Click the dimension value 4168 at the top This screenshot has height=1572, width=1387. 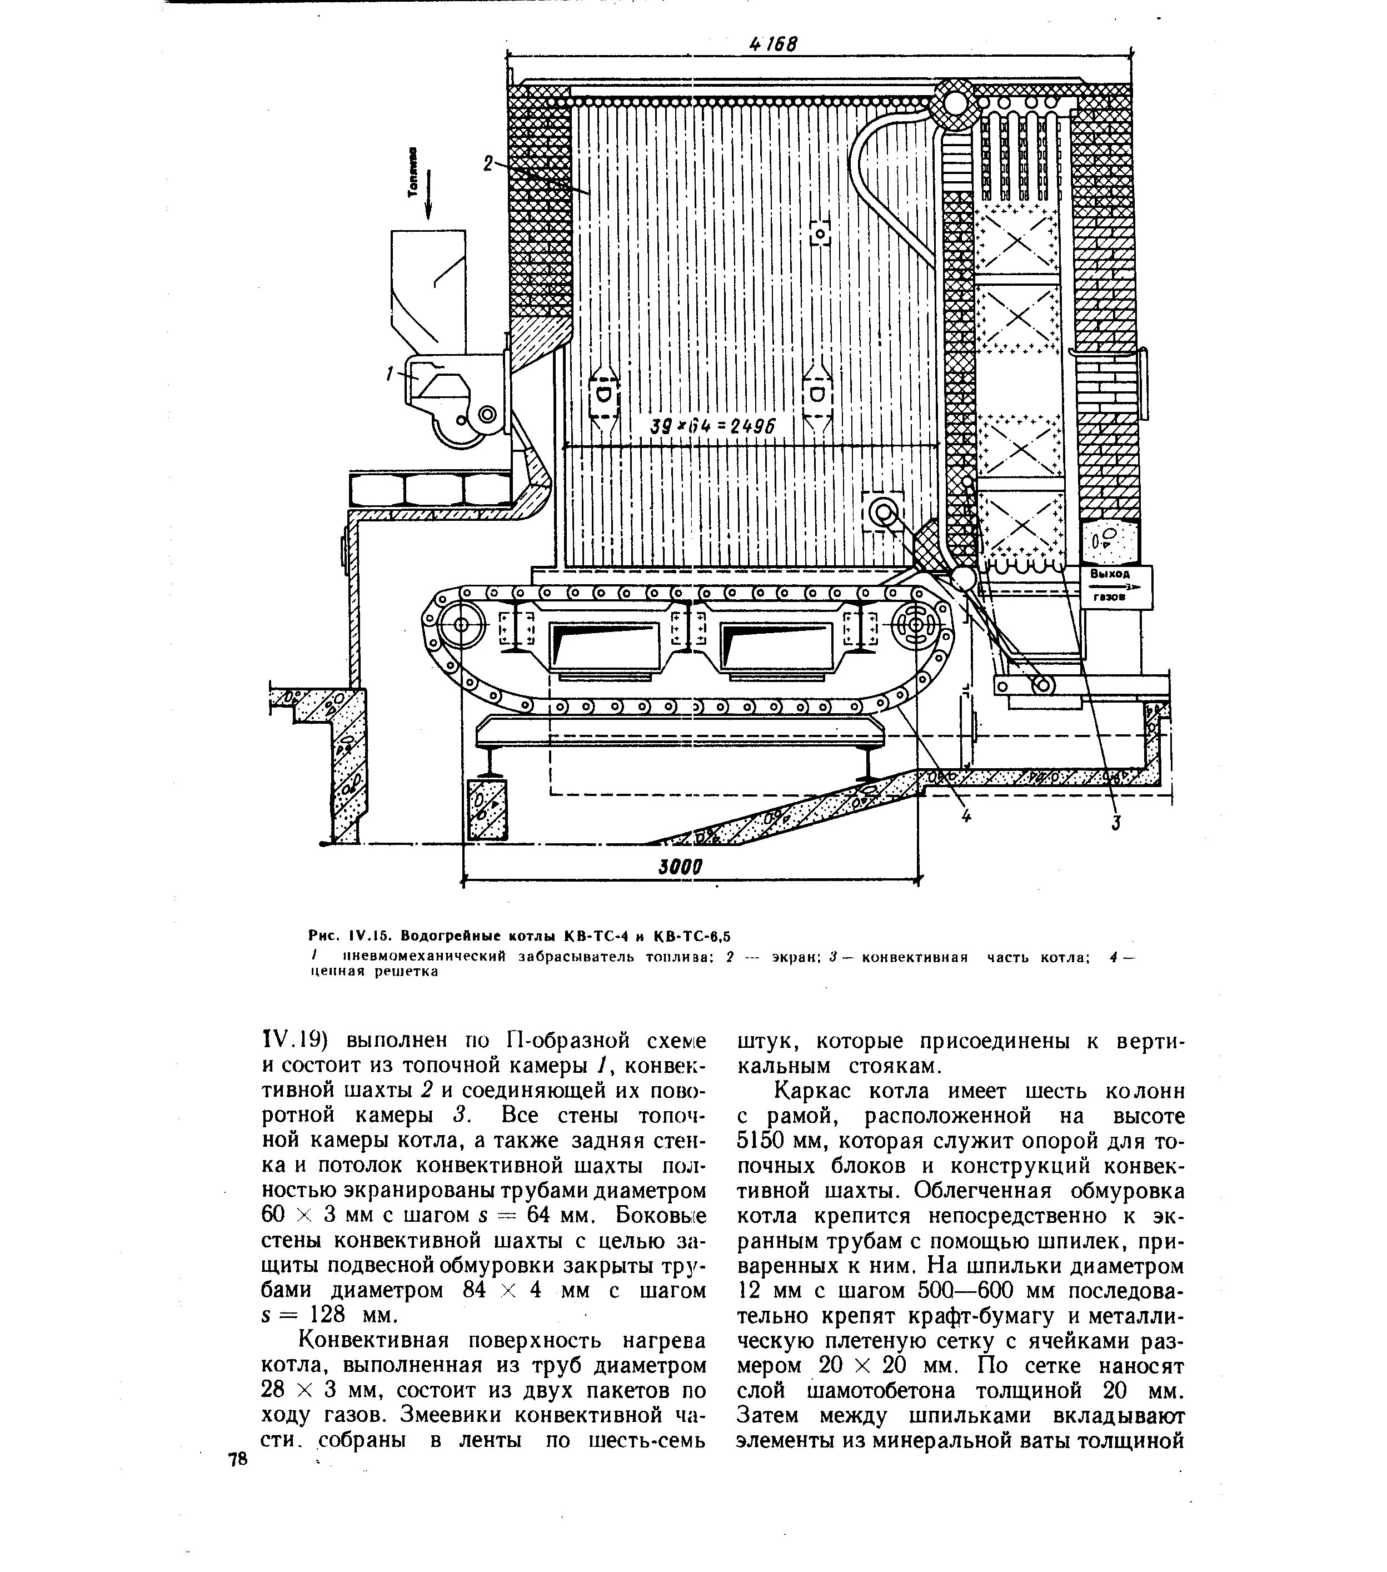773,44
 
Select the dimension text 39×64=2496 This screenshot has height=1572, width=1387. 712,427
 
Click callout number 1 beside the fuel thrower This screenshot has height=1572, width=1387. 390,374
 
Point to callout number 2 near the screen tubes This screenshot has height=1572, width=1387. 487,163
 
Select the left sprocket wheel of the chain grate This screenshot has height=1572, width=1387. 460,625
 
